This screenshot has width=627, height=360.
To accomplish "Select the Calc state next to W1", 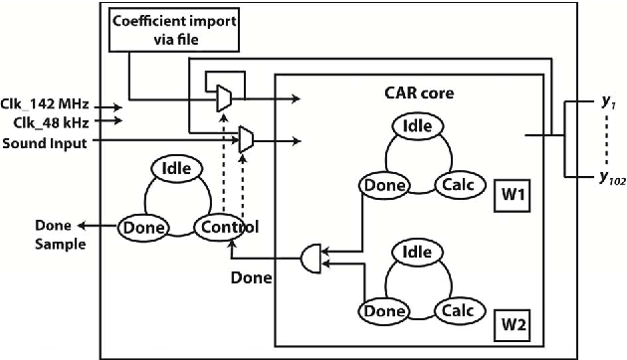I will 455,184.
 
